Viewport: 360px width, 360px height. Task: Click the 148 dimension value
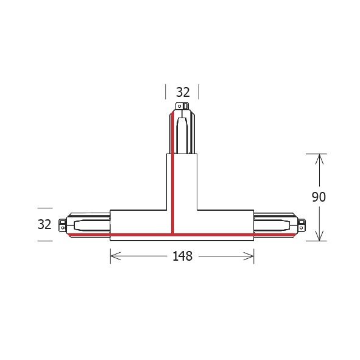point(182,256)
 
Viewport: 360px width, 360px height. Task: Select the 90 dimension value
point(319,197)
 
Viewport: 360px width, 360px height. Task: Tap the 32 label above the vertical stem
point(183,93)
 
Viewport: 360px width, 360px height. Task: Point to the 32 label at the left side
point(44,224)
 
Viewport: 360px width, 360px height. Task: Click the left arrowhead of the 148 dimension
point(113,256)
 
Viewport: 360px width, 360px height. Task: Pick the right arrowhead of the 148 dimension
point(250,256)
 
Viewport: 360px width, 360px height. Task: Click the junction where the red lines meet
point(173,233)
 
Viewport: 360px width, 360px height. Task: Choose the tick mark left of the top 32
point(165,93)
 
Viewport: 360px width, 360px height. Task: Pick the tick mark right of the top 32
point(199,93)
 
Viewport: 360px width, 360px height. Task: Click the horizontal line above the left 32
point(44,208)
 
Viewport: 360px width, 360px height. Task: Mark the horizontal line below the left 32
point(44,241)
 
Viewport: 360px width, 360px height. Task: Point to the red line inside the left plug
point(88,233)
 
